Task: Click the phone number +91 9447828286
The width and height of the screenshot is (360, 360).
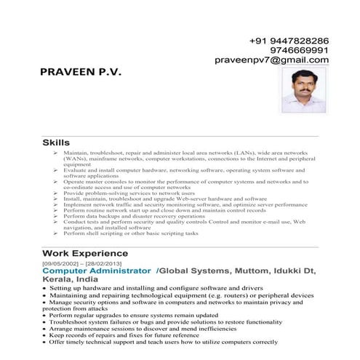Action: pyautogui.click(x=289, y=41)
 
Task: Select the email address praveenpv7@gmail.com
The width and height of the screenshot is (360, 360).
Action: pyautogui.click(x=272, y=60)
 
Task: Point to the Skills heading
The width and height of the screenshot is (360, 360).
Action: pyautogui.click(x=57, y=143)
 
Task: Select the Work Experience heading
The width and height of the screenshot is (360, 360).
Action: pyautogui.click(x=85, y=253)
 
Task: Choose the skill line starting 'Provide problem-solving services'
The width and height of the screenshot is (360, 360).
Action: pyautogui.click(x=129, y=193)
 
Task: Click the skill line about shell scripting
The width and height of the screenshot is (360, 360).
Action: pyautogui.click(x=130, y=234)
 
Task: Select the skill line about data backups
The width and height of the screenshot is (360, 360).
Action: pyautogui.click(x=134, y=217)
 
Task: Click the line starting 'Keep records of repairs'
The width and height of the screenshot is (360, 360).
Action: pyautogui.click(x=145, y=335)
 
